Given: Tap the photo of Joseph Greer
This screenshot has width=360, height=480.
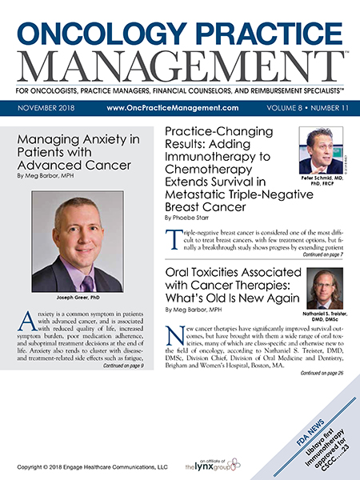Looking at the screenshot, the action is click(78, 239).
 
